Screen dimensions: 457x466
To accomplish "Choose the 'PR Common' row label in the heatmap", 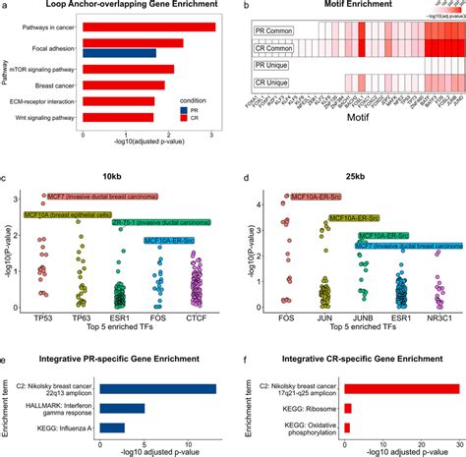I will pos(267,32).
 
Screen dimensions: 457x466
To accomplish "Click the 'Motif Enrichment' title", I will pos(358,8).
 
